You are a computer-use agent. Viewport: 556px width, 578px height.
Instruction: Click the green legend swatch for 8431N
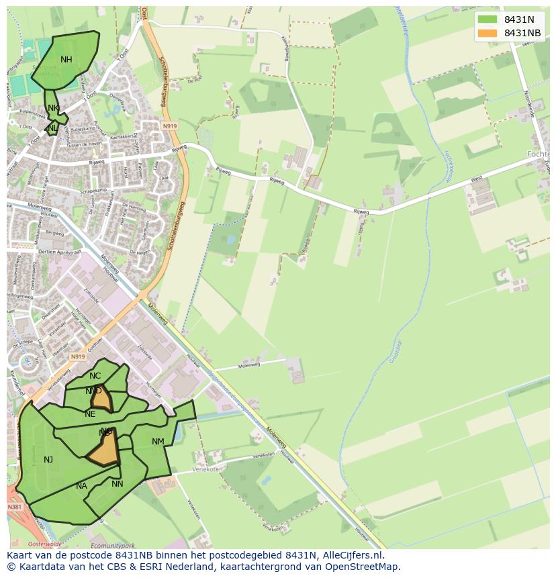point(488,19)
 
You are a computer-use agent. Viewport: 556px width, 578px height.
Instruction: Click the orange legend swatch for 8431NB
point(488,33)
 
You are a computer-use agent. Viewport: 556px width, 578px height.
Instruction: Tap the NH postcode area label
point(66,60)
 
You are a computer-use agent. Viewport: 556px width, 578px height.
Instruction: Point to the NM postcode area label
point(158,442)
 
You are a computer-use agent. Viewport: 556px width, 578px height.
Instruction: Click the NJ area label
point(48,460)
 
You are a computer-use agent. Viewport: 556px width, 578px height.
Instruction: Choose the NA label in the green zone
point(81,486)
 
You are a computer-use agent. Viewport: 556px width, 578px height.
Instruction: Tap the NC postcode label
point(95,376)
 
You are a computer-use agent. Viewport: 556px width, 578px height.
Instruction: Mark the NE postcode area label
point(90,414)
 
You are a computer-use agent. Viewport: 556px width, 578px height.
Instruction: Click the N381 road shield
point(15,507)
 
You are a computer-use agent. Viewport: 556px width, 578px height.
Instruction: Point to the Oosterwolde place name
point(46,544)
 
